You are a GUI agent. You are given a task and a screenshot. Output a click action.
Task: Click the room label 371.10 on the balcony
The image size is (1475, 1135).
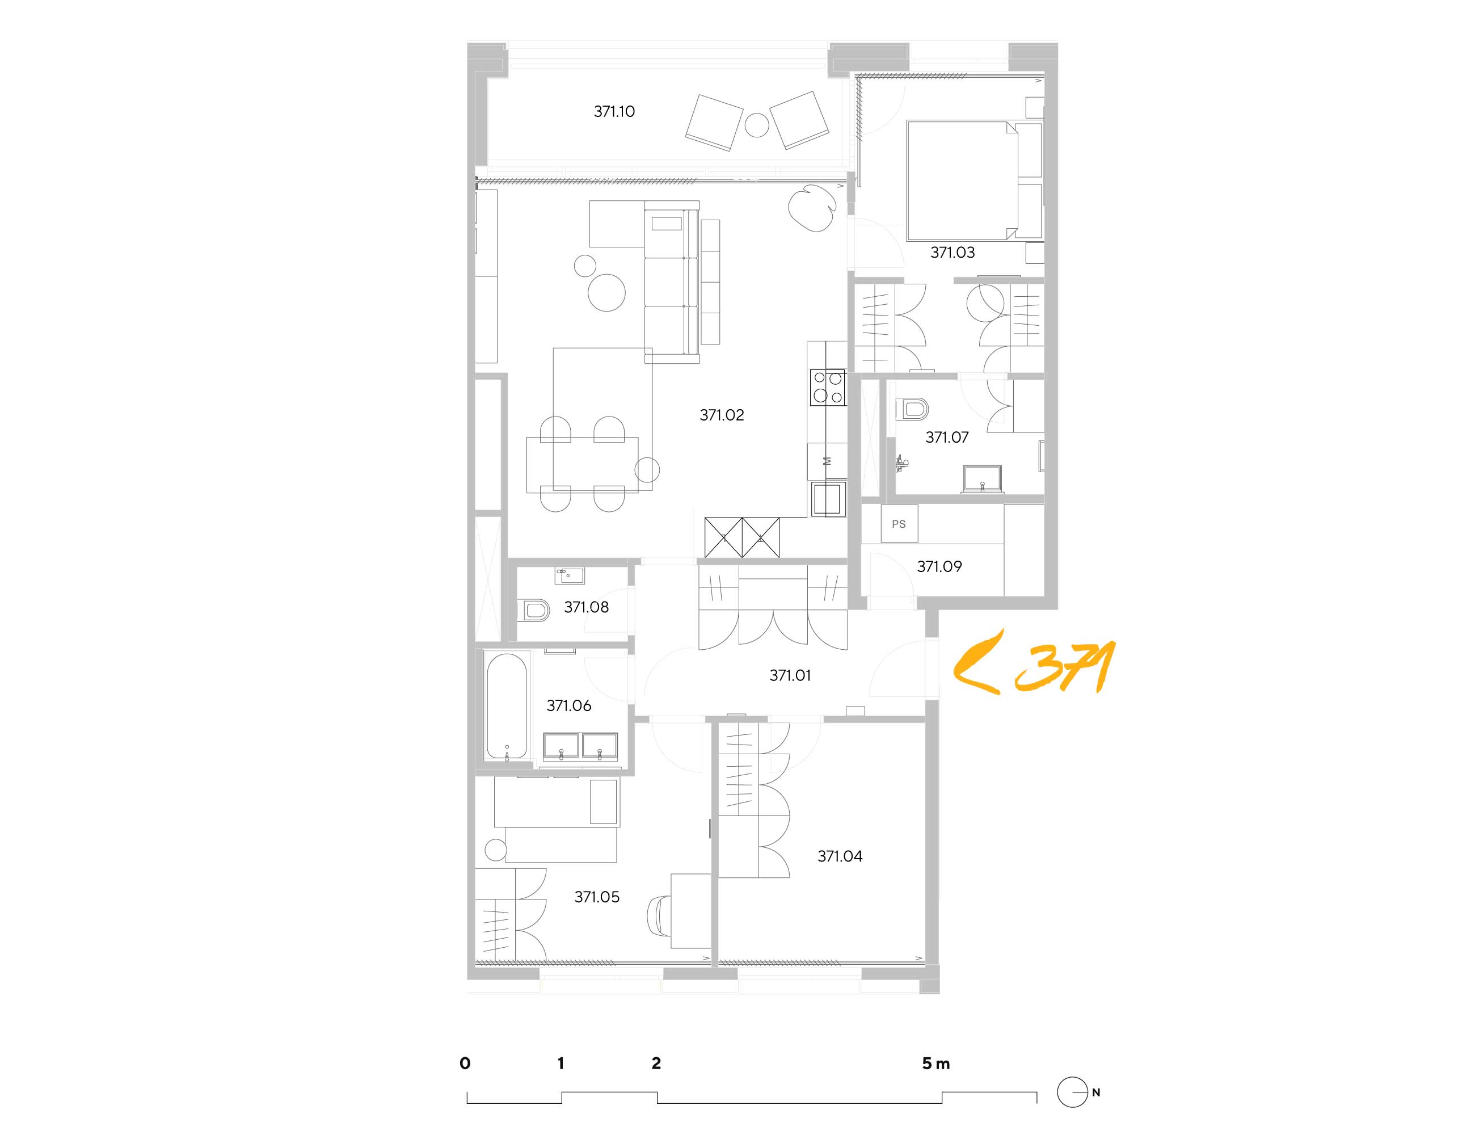(614, 111)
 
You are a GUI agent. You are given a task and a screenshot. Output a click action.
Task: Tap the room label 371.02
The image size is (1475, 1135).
(721, 415)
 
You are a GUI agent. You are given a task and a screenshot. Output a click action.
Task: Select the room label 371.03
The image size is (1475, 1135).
(953, 253)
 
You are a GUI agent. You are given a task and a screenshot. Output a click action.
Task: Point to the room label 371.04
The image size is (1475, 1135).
(840, 856)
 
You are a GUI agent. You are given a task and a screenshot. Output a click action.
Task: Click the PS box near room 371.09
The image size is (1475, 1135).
(899, 524)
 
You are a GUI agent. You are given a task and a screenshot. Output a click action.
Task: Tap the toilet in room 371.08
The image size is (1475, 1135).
(536, 611)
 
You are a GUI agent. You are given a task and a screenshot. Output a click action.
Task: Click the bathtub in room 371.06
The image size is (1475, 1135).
(507, 706)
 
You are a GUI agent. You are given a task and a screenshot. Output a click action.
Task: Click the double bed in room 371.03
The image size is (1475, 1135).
(962, 180)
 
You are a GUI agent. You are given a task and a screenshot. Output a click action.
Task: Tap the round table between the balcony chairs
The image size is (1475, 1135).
(757, 125)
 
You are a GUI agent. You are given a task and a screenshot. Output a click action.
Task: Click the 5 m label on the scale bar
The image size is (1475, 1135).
(935, 1064)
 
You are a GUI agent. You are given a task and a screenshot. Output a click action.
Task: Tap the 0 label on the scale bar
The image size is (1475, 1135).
(465, 1064)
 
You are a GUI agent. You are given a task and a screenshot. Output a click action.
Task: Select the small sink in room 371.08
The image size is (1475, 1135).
(570, 575)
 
